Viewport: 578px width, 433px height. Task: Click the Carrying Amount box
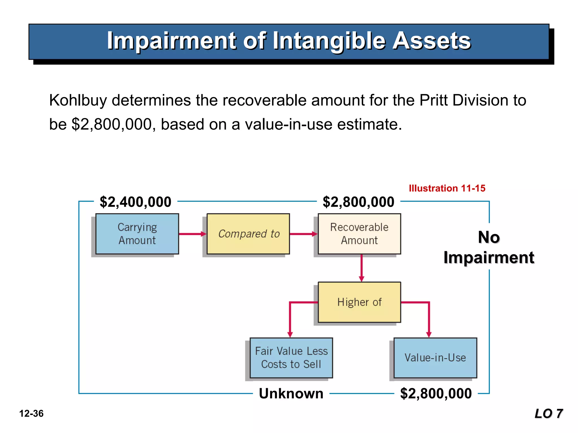[137, 234]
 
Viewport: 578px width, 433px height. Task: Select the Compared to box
[248, 234]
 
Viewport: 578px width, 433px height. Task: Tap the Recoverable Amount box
[359, 234]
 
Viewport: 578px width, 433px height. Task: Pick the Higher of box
[359, 302]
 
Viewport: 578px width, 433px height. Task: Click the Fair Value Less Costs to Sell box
[291, 358]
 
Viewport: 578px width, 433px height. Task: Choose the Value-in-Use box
[435, 358]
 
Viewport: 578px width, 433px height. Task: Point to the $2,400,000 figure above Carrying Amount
[135, 202]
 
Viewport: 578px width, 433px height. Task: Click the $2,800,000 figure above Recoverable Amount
[358, 202]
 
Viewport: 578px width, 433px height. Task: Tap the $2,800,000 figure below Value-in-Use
[436, 393]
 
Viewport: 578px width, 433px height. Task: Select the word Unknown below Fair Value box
[291, 393]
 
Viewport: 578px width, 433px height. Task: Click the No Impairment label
[489, 247]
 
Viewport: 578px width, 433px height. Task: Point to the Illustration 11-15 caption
[447, 188]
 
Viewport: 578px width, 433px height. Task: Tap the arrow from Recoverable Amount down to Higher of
[362, 268]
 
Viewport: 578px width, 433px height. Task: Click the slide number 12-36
[31, 414]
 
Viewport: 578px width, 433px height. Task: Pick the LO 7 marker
[549, 414]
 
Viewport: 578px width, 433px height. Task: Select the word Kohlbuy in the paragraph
[78, 100]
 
